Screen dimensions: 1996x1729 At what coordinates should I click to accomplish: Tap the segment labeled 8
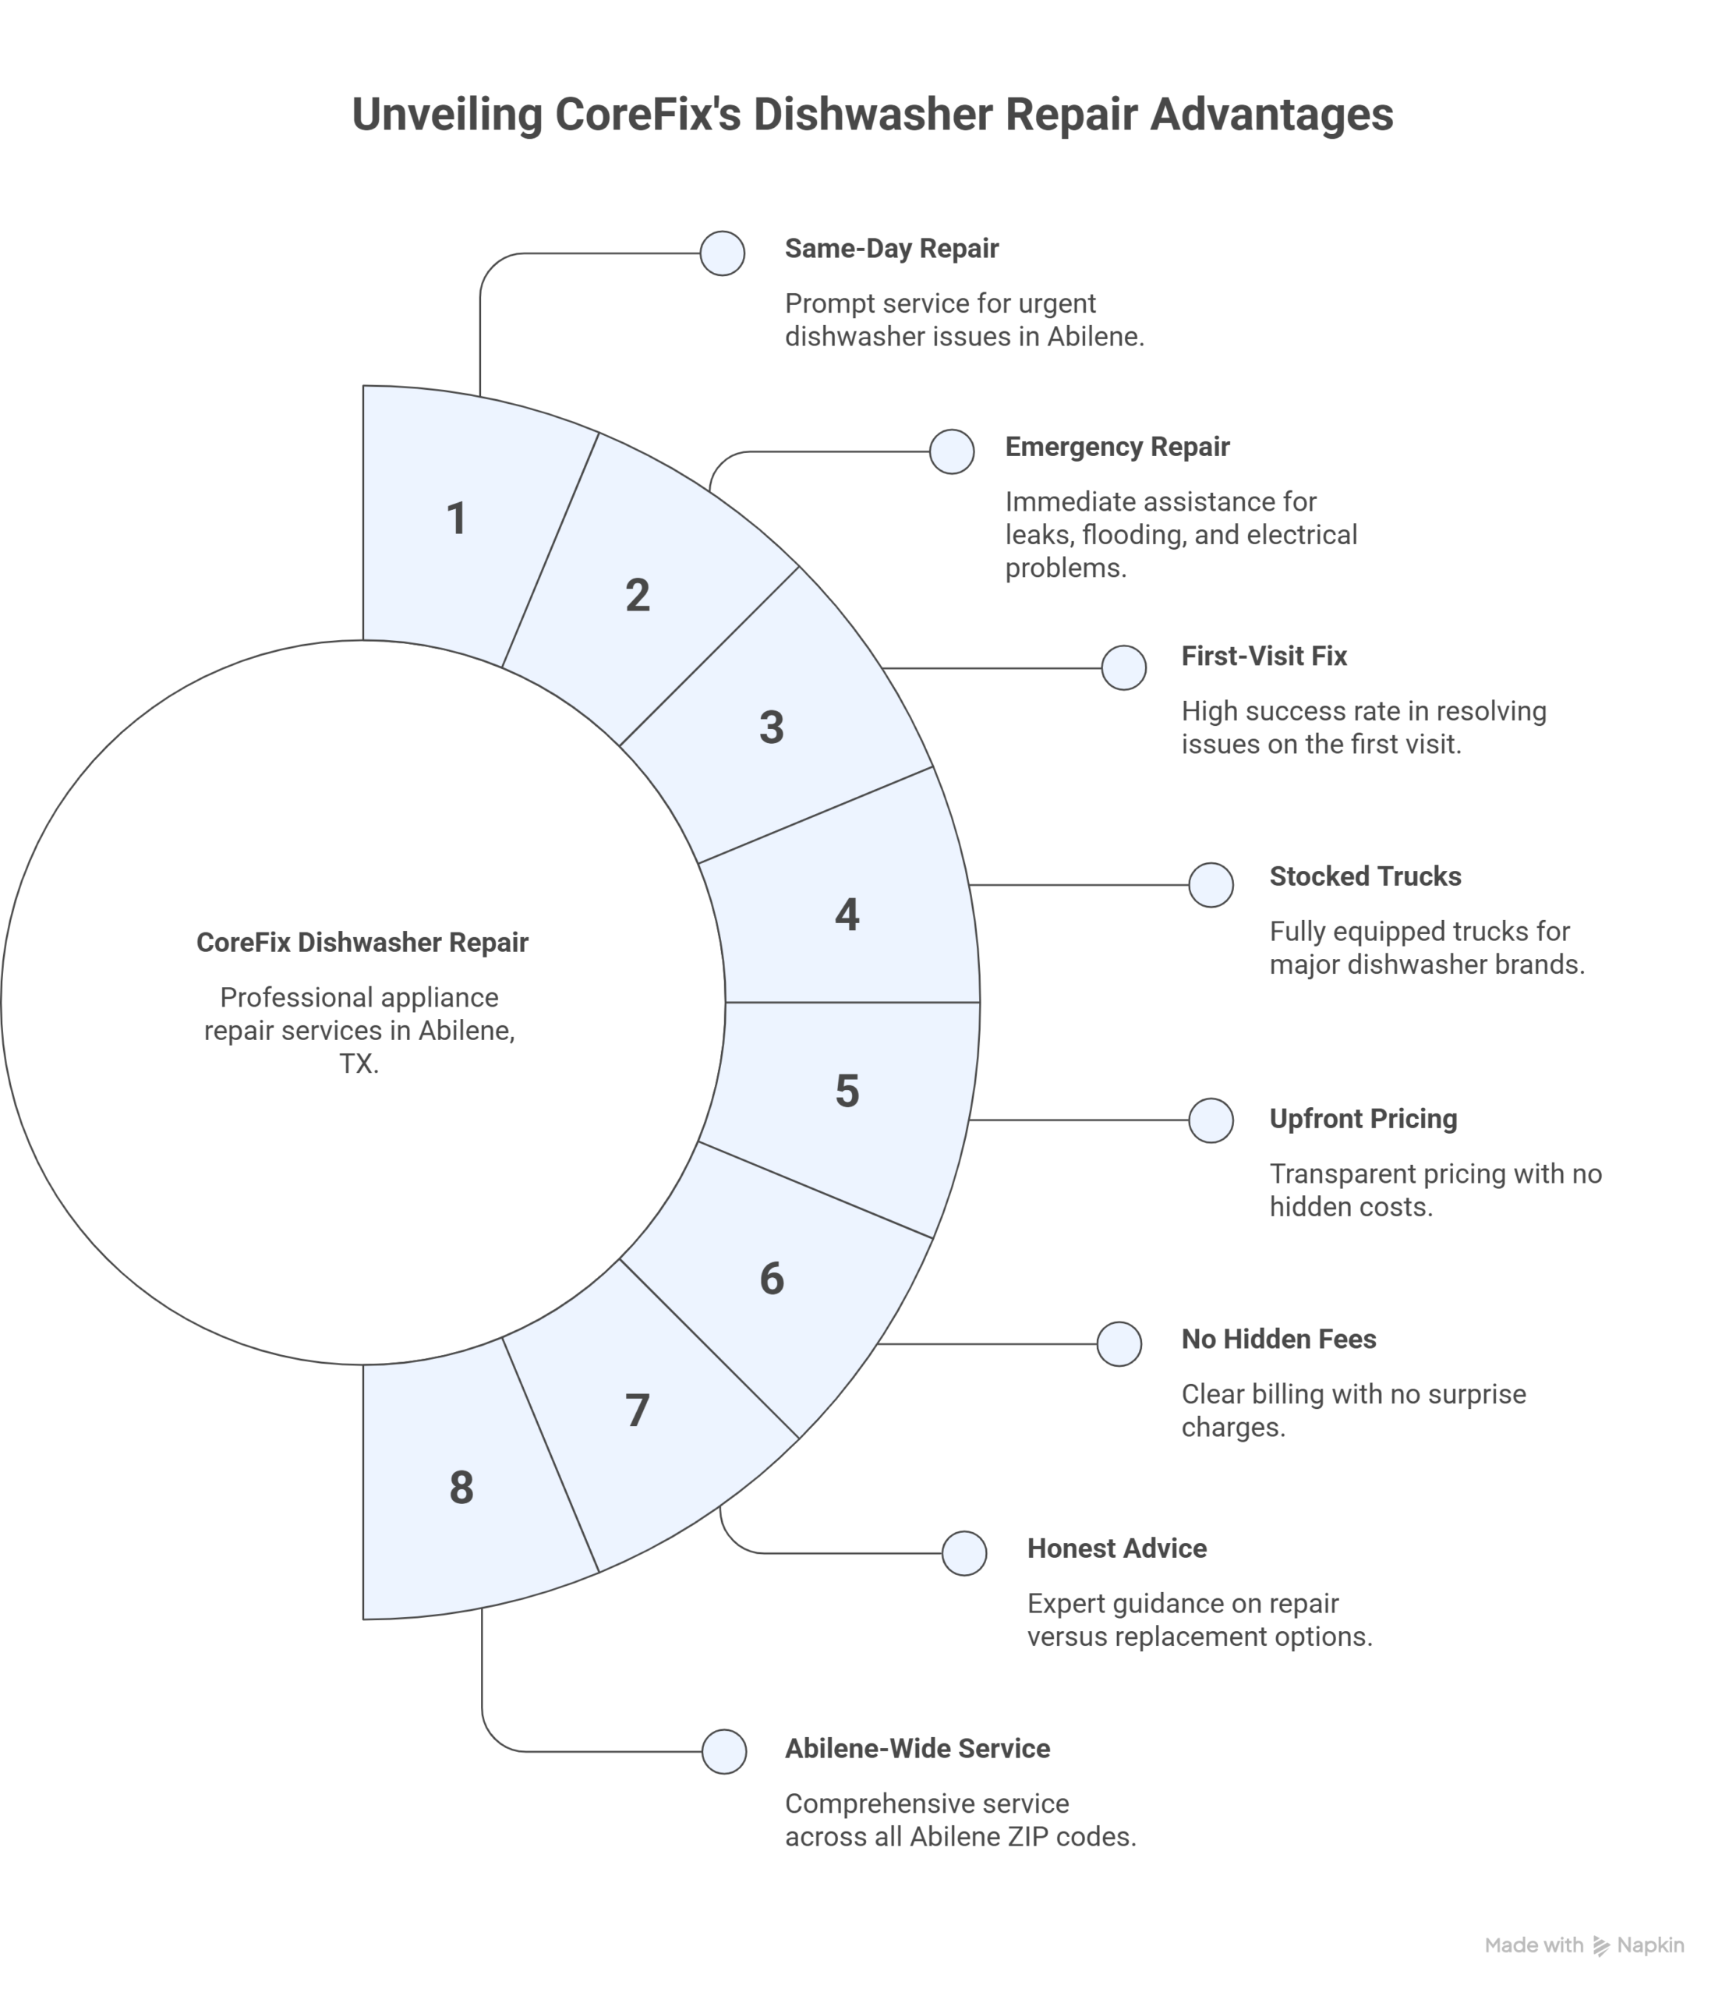point(461,1488)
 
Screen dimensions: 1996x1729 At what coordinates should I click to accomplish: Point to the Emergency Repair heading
point(1116,447)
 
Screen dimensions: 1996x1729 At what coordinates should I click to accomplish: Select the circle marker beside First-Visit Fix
point(1123,668)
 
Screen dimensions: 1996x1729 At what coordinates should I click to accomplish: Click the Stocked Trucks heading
point(1364,876)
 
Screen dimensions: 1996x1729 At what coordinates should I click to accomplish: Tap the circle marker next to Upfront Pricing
point(1210,1120)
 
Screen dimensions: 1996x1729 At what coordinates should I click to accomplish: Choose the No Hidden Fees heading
point(1278,1339)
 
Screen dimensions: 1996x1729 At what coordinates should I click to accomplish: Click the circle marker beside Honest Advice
point(963,1553)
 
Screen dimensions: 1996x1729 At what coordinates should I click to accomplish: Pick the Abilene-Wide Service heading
point(917,1748)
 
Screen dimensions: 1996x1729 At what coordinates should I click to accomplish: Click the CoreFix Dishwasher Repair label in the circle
point(362,943)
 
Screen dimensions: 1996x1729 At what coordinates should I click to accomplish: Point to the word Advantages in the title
point(1271,115)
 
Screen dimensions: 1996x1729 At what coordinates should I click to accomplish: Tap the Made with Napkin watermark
point(1583,1945)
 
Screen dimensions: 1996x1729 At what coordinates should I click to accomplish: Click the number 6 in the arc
point(771,1279)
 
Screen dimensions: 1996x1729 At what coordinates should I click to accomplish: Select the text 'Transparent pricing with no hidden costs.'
point(1434,1190)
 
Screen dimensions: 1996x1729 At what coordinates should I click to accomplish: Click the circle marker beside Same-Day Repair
point(722,254)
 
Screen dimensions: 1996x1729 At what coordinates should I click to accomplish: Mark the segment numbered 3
point(771,727)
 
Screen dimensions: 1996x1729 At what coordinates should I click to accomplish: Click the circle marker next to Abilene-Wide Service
point(723,1752)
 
